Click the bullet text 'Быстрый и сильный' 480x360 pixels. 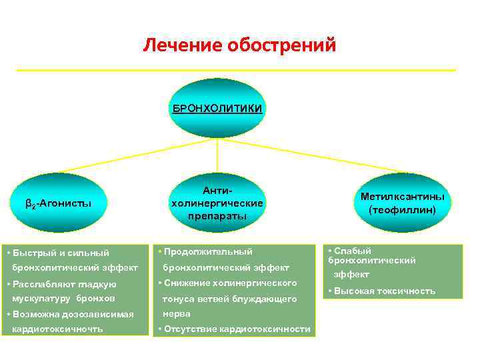pos(60,253)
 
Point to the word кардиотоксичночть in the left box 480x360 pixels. pos(57,329)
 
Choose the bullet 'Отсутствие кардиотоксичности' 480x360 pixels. pos(236,329)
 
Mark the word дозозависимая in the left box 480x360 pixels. pos(99,314)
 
